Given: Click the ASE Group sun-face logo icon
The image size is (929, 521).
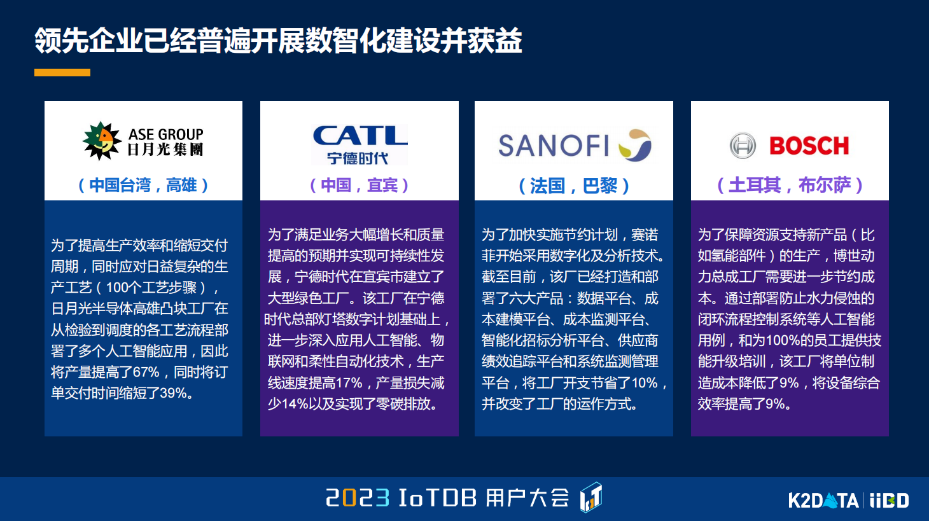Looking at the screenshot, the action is (102, 141).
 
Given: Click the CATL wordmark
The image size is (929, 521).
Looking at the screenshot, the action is (360, 135).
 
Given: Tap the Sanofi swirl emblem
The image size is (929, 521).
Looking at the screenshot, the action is (634, 145).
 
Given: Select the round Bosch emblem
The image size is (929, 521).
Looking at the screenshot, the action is (743, 146).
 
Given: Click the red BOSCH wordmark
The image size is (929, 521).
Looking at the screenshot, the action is (809, 146).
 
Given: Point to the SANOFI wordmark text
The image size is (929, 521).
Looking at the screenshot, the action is (554, 146).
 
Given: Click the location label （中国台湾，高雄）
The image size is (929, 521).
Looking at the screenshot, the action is (143, 185).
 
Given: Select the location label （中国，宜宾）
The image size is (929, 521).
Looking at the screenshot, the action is (359, 185).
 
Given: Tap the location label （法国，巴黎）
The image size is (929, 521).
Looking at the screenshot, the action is (574, 185).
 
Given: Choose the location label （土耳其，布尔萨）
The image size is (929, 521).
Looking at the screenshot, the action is (790, 185).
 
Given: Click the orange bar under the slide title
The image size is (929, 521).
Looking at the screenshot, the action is (62, 73).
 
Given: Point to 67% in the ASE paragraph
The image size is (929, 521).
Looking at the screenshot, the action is (146, 372).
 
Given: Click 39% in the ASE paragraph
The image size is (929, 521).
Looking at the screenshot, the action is (173, 393).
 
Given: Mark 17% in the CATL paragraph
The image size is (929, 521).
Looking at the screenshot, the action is (349, 382).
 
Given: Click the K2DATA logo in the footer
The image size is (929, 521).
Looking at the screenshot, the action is (823, 500).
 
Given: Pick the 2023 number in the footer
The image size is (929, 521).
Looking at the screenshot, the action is (358, 497).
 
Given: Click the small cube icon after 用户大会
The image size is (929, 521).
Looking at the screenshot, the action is (591, 497).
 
